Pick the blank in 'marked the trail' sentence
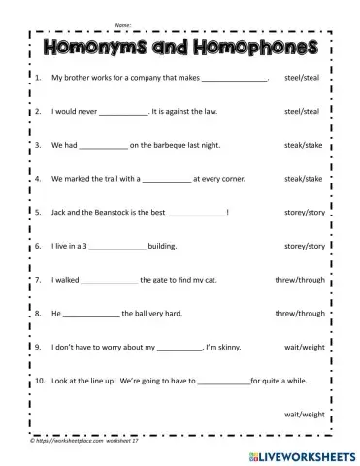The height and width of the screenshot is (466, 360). [x=165, y=179]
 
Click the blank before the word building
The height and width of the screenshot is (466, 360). [x=119, y=247]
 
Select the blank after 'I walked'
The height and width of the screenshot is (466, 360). [x=110, y=281]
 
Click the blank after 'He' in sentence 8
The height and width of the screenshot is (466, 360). [x=91, y=315]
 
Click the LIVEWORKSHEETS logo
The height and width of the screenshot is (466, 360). [x=299, y=453]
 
